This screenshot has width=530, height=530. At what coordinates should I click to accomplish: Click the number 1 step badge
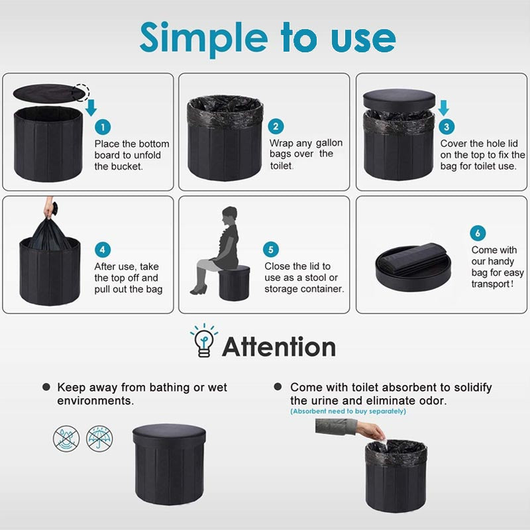click(103, 127)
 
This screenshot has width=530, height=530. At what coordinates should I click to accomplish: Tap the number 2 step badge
click(276, 127)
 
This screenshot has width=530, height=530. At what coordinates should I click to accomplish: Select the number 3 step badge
click(447, 127)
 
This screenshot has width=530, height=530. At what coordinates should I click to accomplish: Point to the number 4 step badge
click(103, 250)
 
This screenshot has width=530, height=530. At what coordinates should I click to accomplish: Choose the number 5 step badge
click(271, 250)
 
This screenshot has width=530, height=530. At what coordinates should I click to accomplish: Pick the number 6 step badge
click(478, 233)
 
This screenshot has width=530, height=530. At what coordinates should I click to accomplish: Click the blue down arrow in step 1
click(91, 108)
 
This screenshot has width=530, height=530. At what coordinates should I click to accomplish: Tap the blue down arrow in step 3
click(443, 108)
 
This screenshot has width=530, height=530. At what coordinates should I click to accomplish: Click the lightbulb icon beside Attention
click(204, 341)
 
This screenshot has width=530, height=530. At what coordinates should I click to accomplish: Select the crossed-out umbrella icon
click(99, 439)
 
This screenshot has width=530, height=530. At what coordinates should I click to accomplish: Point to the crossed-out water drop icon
click(66, 439)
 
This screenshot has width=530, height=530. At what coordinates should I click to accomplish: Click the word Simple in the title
click(204, 39)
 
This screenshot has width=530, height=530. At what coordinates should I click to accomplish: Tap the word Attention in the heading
click(279, 346)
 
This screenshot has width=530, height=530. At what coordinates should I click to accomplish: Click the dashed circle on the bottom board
click(81, 92)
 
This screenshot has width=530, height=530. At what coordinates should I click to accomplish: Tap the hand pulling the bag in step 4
click(50, 208)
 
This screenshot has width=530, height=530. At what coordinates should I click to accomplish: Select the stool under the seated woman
click(235, 283)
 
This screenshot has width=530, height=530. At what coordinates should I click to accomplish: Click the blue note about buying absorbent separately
click(348, 411)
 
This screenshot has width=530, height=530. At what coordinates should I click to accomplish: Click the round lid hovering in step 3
click(399, 99)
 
